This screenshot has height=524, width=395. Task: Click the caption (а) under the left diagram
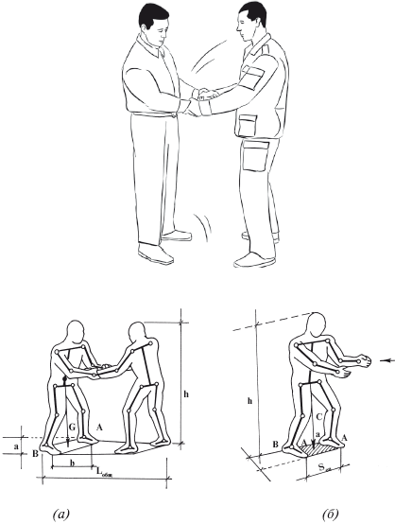pyautogui.click(x=61, y=514)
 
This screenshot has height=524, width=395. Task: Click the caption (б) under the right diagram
pyautogui.click(x=331, y=514)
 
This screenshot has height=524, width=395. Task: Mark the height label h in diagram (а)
pyautogui.click(x=186, y=394)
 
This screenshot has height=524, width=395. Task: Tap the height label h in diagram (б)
pyautogui.click(x=249, y=401)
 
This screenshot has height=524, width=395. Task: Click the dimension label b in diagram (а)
pyautogui.click(x=72, y=463)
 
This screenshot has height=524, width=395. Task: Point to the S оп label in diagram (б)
pyautogui.click(x=323, y=467)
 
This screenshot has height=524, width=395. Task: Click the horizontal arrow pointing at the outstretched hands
pyautogui.click(x=387, y=360)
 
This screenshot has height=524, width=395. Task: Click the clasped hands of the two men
pyautogui.click(x=202, y=99)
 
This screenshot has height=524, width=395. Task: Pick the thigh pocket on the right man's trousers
pyautogui.click(x=256, y=155)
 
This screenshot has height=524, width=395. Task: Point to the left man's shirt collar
pyautogui.click(x=148, y=45)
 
